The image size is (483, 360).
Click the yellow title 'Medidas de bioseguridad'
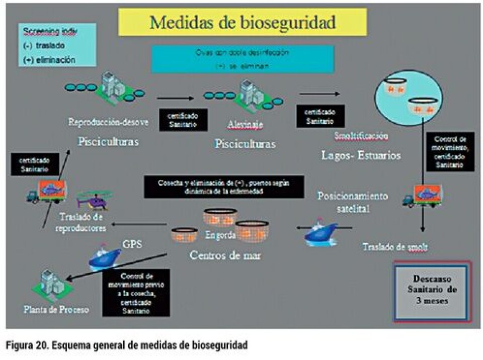pos(243,22)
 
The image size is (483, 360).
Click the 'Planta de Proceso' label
pos(56,309)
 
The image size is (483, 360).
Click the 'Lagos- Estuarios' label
pos(361,155)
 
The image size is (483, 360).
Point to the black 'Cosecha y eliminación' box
pos(223,187)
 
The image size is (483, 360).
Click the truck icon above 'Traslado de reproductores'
pos(46,191)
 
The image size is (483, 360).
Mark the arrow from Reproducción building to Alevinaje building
pos(175,99)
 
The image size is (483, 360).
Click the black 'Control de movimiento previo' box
pos(136,292)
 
